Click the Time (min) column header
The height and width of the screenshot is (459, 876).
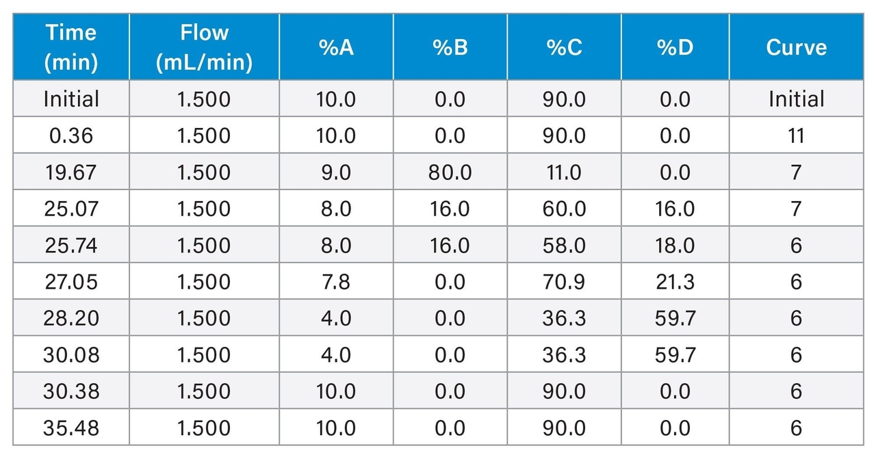coord(70,47)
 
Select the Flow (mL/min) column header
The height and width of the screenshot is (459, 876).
coord(204,47)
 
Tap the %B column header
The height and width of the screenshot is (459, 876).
coord(450,47)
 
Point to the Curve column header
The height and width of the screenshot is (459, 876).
coord(796,47)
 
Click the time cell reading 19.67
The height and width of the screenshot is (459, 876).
coord(70,172)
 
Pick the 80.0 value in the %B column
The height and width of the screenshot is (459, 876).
coord(450,172)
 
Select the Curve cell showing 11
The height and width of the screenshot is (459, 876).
coord(796,135)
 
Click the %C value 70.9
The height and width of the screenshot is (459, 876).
coord(564,282)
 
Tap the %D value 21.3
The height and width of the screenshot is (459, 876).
coord(675,282)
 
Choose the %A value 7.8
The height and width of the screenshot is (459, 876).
coord(336,282)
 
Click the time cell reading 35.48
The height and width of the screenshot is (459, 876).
coord(70,428)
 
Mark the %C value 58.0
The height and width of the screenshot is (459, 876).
coord(564,245)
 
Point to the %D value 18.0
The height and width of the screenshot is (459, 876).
coord(675,245)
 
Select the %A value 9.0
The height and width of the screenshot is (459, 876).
coord(336,172)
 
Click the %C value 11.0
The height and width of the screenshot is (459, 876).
coord(564,172)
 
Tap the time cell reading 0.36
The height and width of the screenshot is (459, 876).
coord(70,135)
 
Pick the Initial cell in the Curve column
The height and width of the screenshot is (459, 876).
coord(796,99)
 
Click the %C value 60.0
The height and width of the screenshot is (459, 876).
coord(564,209)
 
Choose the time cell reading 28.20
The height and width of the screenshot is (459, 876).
coord(70,318)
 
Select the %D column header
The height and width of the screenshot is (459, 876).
coord(675,47)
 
